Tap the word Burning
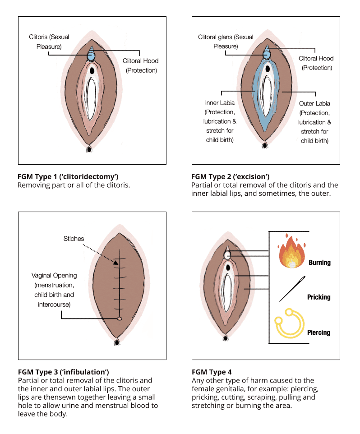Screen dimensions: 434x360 [x=319, y=263]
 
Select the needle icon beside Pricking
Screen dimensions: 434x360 [x=291, y=290]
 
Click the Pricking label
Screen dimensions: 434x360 [x=318, y=297]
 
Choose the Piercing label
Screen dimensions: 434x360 [x=318, y=332]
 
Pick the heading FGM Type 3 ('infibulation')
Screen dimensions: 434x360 [x=64, y=372]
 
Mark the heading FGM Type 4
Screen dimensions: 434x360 [x=212, y=372]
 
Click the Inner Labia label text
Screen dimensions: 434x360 [x=220, y=103]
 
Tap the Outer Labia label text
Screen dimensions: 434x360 [x=314, y=103]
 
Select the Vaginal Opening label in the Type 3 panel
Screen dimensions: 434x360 [x=54, y=275]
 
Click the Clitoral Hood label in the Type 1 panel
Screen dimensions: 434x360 [x=140, y=61]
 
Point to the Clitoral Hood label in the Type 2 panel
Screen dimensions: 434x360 [x=316, y=59]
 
